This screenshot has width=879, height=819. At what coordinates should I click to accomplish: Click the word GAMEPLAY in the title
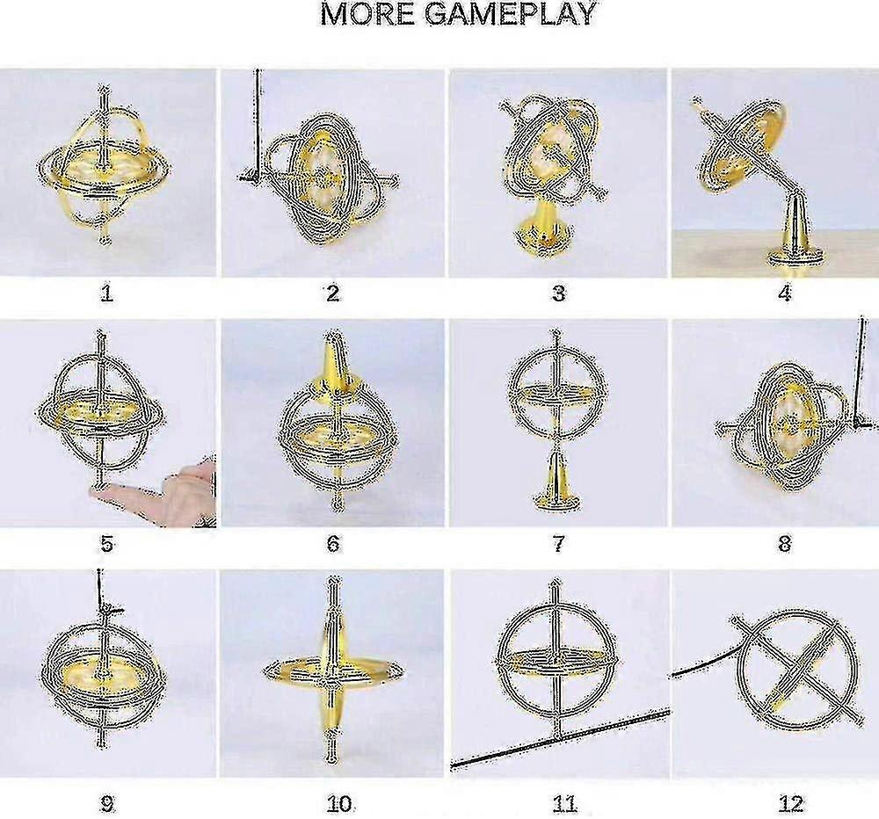[510, 13]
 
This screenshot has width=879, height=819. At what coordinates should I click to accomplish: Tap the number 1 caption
[106, 293]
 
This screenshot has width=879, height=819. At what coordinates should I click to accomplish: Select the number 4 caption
[785, 293]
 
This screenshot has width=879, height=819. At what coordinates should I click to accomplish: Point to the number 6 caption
[333, 543]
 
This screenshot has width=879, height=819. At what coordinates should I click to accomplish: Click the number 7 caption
[558, 543]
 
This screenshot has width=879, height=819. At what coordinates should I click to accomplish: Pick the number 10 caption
[339, 804]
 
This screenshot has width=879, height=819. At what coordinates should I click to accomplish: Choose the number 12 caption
[790, 804]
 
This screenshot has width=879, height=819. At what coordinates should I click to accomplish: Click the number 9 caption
[106, 804]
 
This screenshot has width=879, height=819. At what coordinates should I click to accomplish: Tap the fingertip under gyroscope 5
[101, 491]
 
